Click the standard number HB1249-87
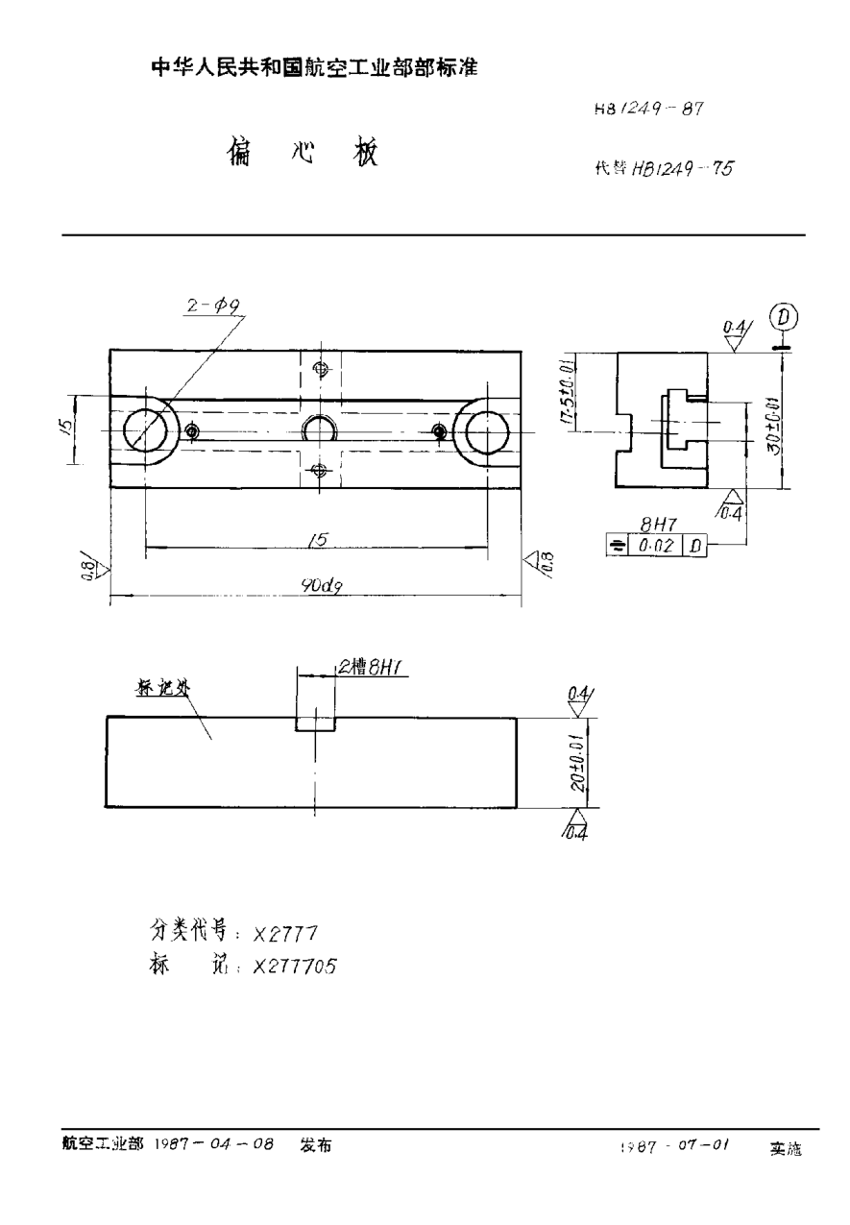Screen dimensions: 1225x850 [x=650, y=109]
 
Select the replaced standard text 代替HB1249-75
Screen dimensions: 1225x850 [x=664, y=169]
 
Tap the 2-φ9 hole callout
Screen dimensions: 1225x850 [x=214, y=305]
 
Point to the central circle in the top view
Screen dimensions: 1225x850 [x=319, y=429]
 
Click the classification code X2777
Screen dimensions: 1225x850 [x=285, y=933]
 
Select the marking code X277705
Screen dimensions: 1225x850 [x=295, y=968]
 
